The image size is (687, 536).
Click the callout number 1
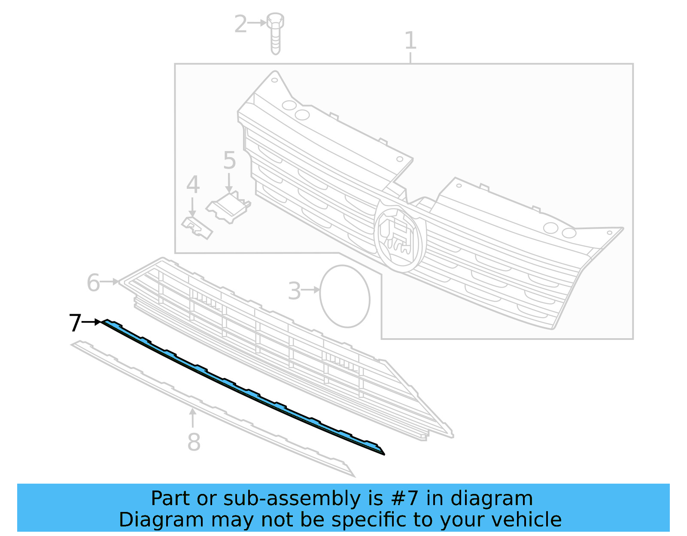(x=410, y=41)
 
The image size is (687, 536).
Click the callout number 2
(x=240, y=24)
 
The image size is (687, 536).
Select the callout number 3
(x=294, y=291)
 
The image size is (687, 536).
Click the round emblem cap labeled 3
(x=344, y=296)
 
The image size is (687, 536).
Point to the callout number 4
(x=193, y=185)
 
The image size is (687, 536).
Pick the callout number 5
(x=229, y=160)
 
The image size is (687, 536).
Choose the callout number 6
(x=93, y=283)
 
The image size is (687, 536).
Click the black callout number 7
(x=75, y=323)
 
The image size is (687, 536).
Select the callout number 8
(x=194, y=442)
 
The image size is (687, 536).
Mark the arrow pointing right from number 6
(x=111, y=282)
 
